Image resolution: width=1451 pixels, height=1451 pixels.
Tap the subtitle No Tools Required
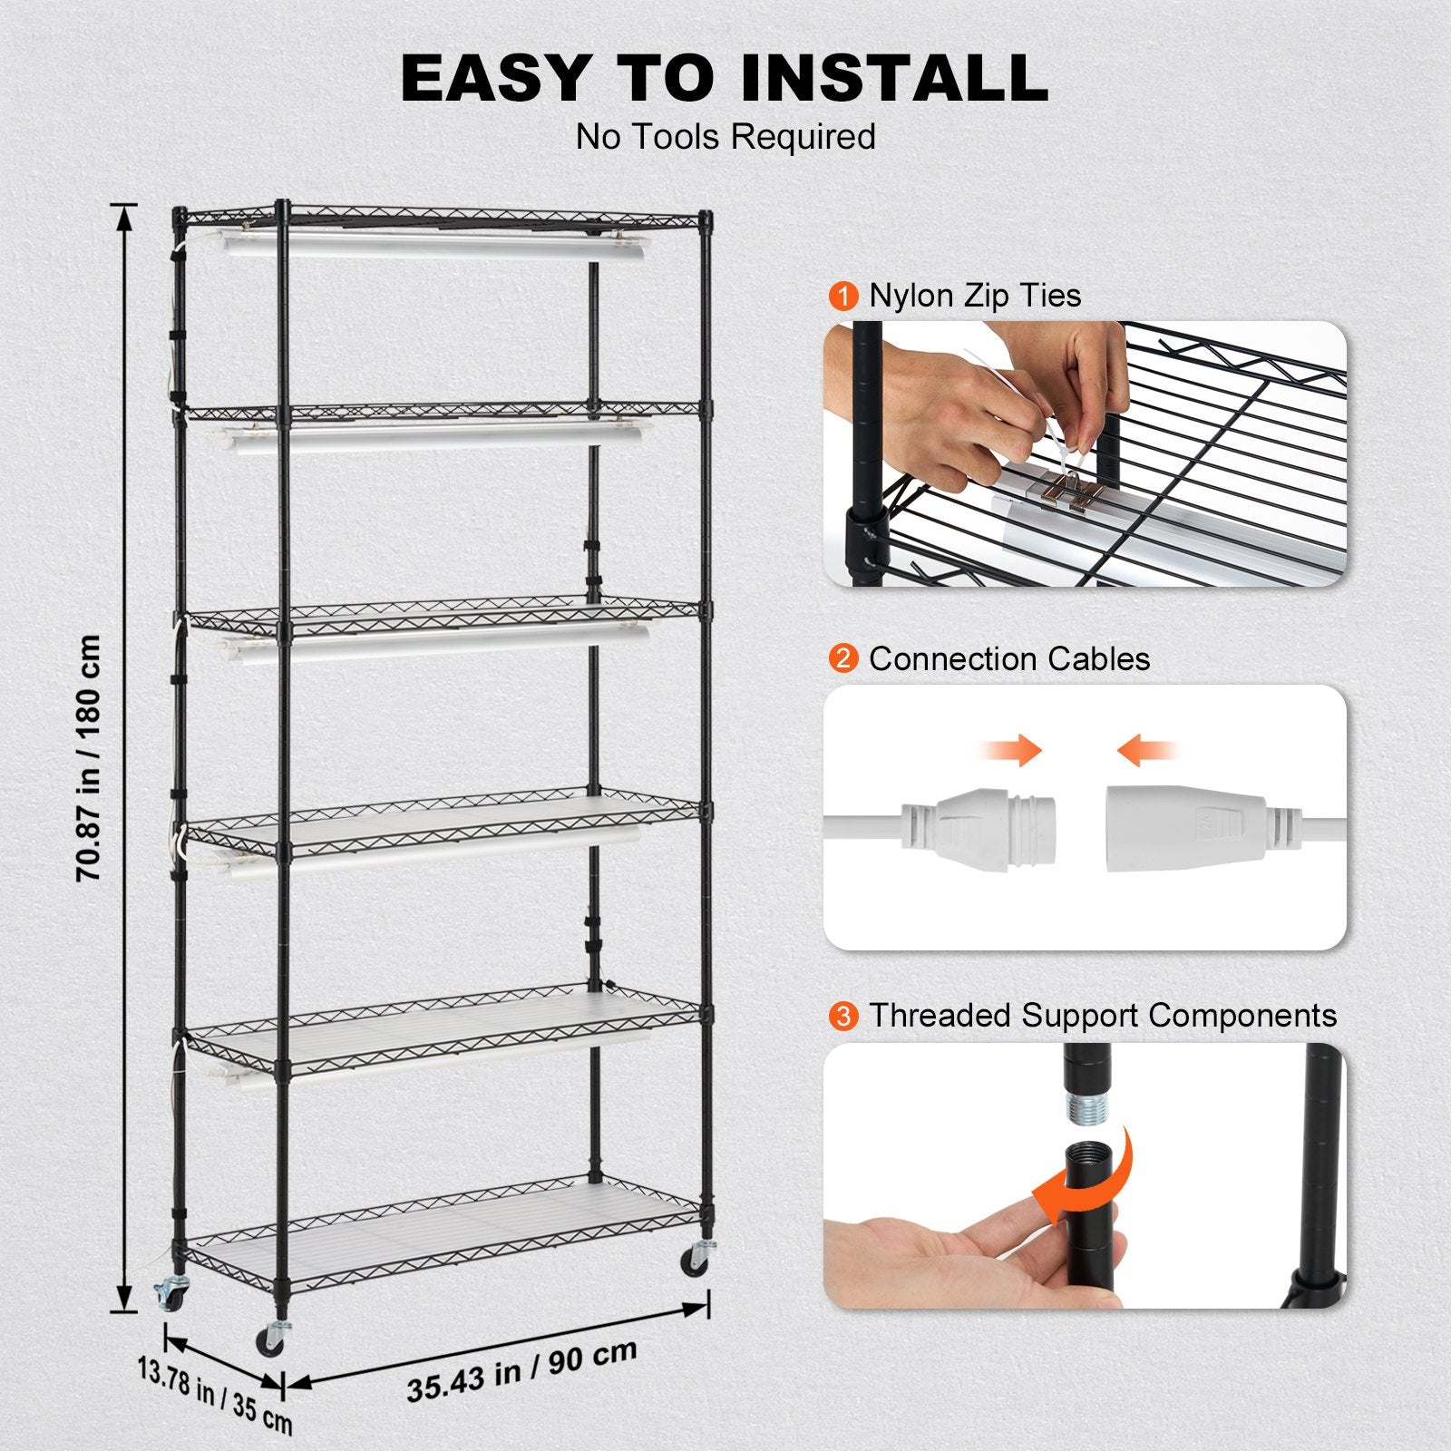(725, 137)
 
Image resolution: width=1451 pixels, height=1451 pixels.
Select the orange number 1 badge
(843, 297)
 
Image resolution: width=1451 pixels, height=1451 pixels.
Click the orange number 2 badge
(843, 658)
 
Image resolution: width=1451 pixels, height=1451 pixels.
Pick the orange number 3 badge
(843, 1016)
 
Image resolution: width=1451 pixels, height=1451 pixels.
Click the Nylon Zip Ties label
(975, 296)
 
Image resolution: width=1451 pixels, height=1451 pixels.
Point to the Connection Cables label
(1008, 658)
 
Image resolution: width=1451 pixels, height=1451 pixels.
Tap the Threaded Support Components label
(1103, 1016)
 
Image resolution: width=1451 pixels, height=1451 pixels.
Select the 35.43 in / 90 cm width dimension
(521, 1370)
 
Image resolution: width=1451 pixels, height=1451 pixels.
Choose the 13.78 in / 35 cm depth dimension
(215, 1395)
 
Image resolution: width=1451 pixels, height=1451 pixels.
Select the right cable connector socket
(1188, 826)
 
